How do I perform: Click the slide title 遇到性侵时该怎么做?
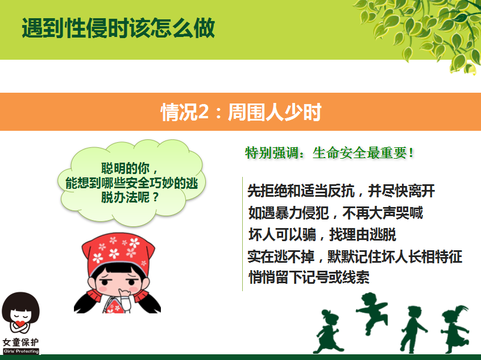118,28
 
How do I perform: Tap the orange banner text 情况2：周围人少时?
241,112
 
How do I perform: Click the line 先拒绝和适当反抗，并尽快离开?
341,191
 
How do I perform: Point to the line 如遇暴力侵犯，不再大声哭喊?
335,213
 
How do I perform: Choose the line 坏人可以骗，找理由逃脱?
322,234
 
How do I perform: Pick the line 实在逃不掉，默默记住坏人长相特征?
355,256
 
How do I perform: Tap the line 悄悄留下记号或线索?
309,277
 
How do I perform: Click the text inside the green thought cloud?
131,183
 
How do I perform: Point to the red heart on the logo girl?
20,324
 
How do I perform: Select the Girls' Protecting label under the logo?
21,351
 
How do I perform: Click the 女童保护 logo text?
21,342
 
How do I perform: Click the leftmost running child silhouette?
328,332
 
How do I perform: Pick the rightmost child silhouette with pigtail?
455,329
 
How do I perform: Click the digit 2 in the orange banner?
203,113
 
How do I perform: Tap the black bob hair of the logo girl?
20,305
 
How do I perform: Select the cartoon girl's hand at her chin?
125,295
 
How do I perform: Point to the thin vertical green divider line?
242,234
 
